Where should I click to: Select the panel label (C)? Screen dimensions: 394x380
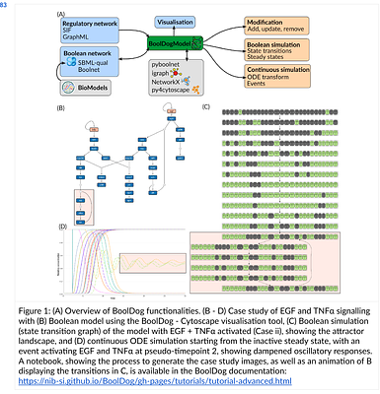click(206, 105)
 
